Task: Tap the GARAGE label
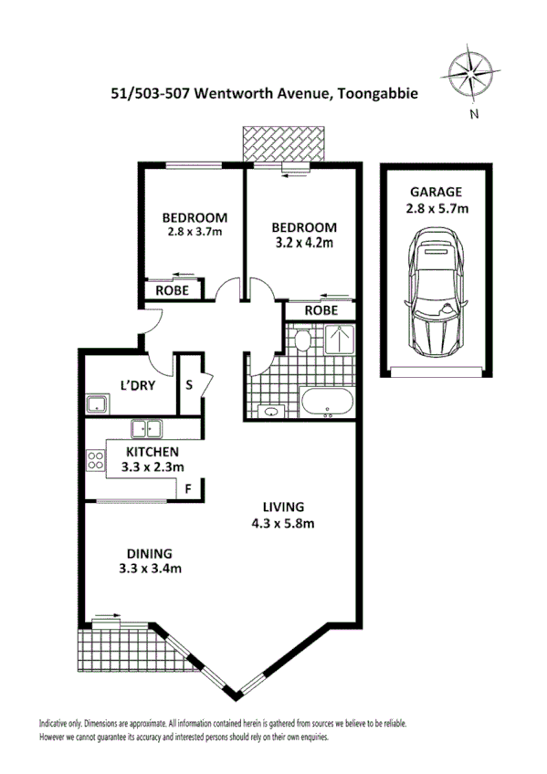pyautogui.click(x=437, y=193)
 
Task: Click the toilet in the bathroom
pyautogui.click(x=303, y=340)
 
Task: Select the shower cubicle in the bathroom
pyautogui.click(x=339, y=340)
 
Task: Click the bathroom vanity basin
pyautogui.click(x=269, y=412)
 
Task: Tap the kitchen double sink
pyautogui.click(x=146, y=428)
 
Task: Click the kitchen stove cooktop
pyautogui.click(x=95, y=461)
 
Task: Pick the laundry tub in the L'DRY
pyautogui.click(x=98, y=404)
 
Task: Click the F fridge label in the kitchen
pyautogui.click(x=188, y=487)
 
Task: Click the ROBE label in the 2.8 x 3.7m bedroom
pyautogui.click(x=172, y=290)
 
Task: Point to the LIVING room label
pyautogui.click(x=284, y=507)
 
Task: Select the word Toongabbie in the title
pyautogui.click(x=372, y=93)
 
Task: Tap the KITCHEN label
pyautogui.click(x=152, y=451)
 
